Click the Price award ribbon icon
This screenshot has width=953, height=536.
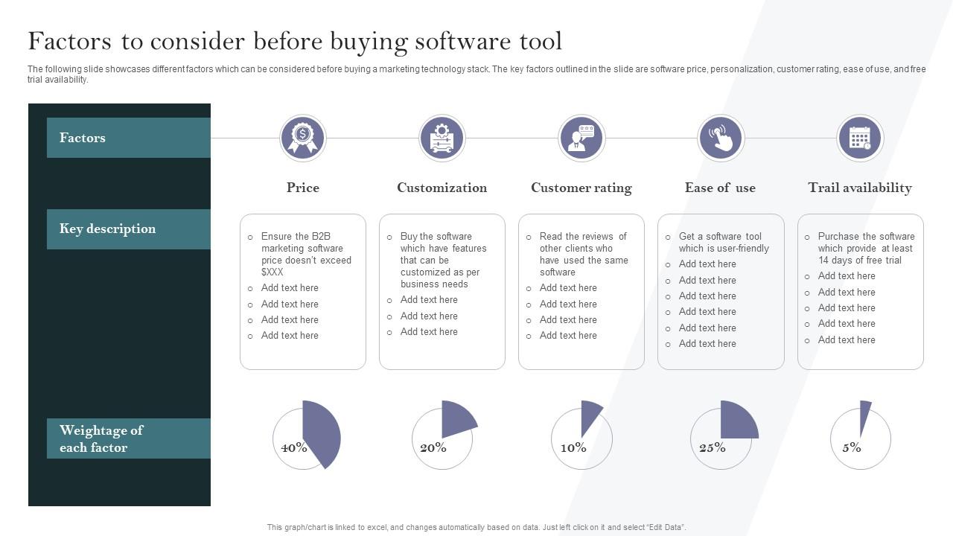tap(302, 138)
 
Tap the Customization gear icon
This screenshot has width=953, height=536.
tap(442, 138)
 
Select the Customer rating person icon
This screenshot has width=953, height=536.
tap(581, 138)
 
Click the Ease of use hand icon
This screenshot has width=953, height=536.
tap(721, 138)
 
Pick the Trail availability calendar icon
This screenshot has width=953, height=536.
tap(860, 138)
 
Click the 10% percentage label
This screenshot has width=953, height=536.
tap(573, 447)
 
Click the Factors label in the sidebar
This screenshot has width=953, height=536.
tap(83, 138)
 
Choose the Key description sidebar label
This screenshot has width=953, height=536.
tap(107, 229)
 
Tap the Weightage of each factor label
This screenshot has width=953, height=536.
tap(101, 438)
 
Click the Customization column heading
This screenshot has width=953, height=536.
tap(442, 188)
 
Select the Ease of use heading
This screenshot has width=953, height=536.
tap(720, 188)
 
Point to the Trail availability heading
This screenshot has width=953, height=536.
tap(860, 188)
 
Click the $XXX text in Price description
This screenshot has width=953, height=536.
tap(272, 272)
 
